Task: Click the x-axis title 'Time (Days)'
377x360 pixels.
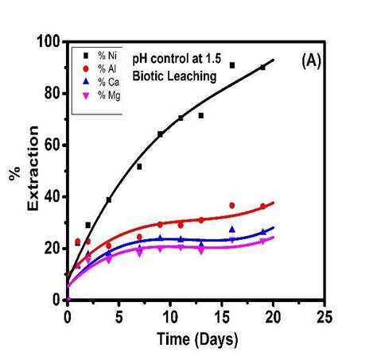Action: [196, 341]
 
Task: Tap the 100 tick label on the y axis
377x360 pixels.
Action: [51, 41]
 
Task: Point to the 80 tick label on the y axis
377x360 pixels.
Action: [54, 92]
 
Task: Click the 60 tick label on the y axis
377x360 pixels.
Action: [54, 144]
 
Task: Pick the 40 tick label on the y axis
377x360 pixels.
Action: [54, 196]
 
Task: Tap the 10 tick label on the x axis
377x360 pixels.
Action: [171, 315]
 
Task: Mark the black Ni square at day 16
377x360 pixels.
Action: [232, 65]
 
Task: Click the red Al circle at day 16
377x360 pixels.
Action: [232, 205]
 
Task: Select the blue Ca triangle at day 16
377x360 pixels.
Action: [232, 229]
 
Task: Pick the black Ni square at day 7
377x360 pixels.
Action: [139, 166]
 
